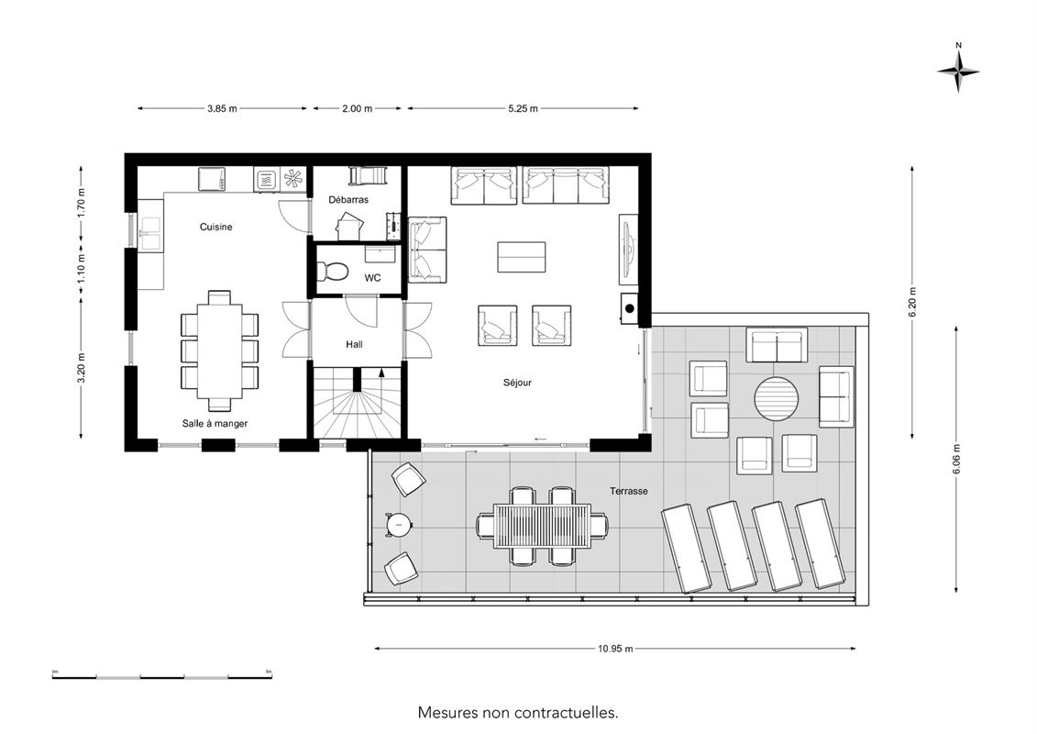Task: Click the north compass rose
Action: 958,72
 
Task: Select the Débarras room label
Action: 348,199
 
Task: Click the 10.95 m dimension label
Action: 615,649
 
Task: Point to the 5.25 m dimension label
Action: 523,108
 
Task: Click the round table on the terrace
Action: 777,399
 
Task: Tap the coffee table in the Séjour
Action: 522,257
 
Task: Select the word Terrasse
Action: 628,491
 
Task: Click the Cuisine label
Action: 216,227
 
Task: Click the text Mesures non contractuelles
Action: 518,713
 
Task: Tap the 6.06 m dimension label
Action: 957,459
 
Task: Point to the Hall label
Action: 354,344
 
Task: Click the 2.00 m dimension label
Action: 358,108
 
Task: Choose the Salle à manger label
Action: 215,423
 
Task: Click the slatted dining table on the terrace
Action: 542,526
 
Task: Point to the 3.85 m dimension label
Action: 222,108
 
